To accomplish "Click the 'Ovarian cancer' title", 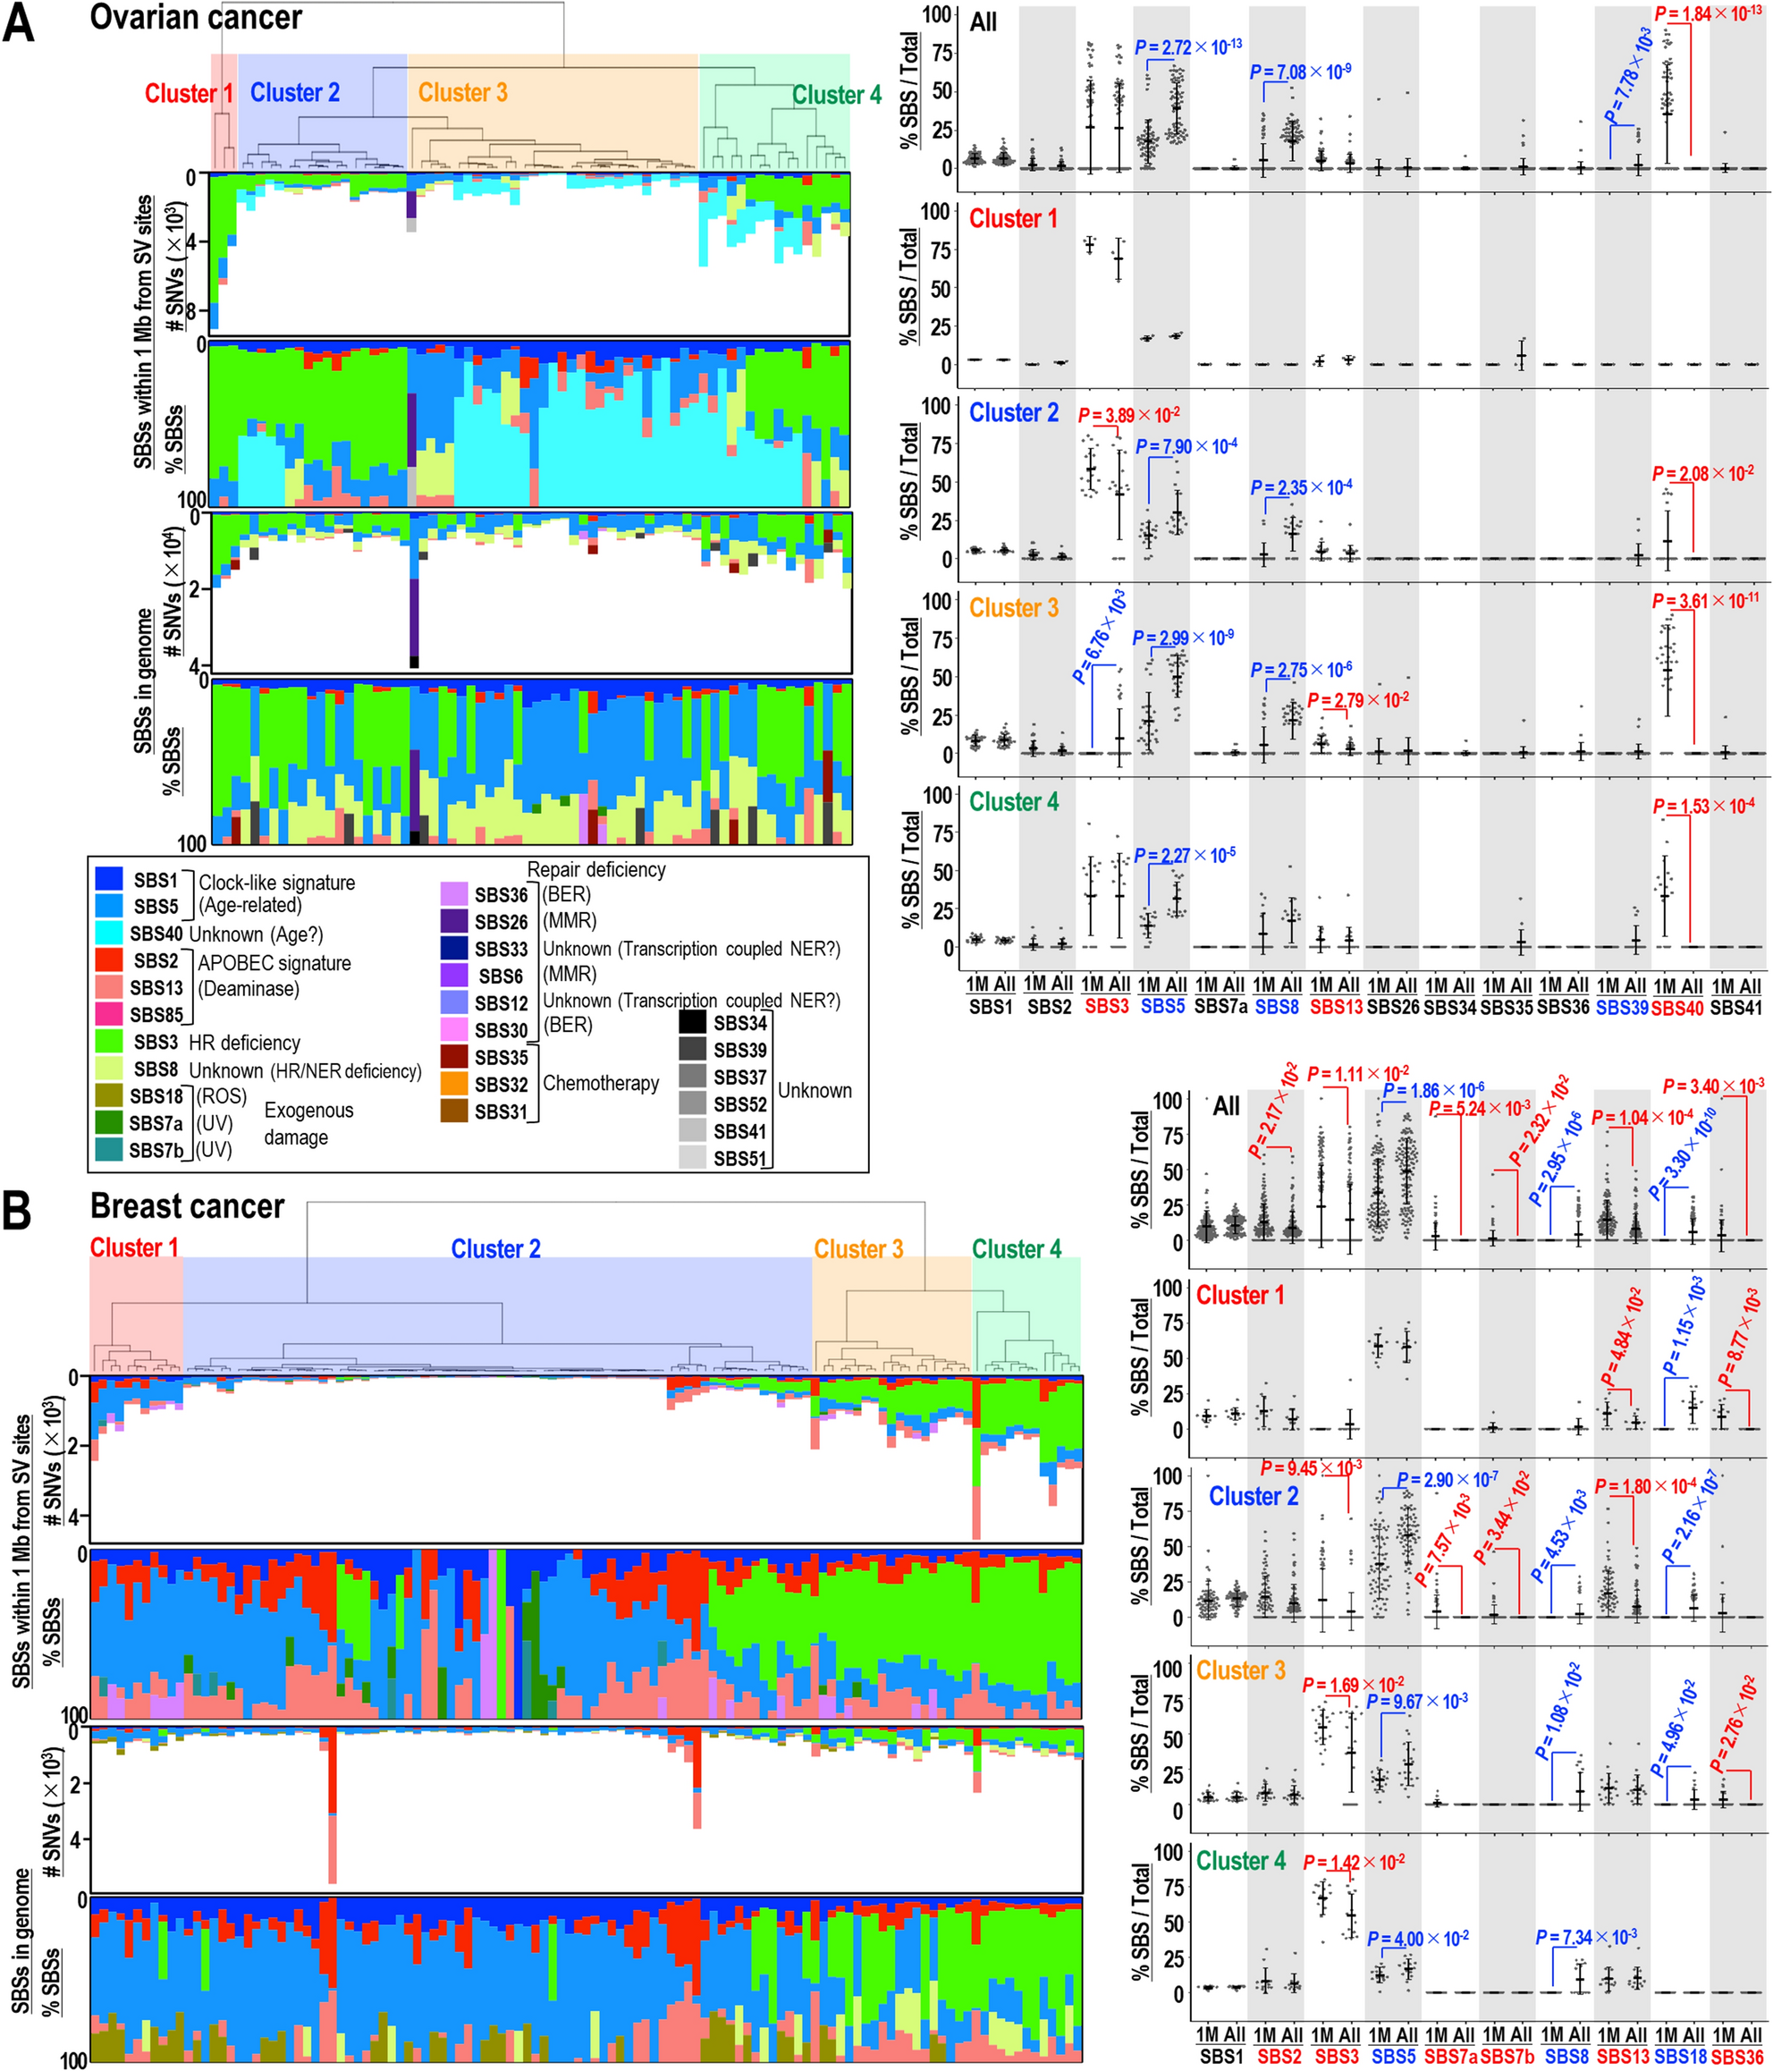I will (196, 17).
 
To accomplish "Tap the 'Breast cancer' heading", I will (187, 1205).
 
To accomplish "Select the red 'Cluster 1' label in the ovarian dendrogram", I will (189, 93).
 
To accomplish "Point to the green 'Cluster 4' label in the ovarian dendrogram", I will (837, 95).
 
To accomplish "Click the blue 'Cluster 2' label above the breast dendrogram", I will (494, 1248).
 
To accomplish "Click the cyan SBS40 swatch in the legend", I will (109, 934).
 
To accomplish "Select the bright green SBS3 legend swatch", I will (109, 1042).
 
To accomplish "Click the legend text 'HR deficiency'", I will (244, 1043).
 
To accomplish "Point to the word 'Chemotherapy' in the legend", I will (601, 1083).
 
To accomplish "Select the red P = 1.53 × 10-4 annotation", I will (1703, 806).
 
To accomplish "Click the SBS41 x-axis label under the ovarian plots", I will (1736, 1008).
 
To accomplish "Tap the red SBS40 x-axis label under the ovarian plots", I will (1678, 1008).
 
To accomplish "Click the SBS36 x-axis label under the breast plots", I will (1736, 2057).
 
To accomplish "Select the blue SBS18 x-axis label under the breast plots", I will (1679, 2057).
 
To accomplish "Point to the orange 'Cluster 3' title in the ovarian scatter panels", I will (1013, 608).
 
